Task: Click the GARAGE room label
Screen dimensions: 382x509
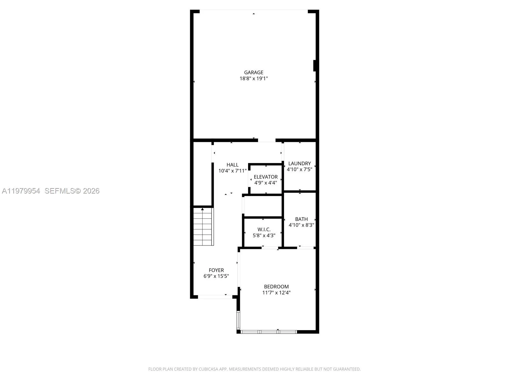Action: pos(254,72)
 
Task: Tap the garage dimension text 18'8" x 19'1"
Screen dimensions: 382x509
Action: pos(254,78)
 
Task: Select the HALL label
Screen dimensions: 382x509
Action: pos(232,165)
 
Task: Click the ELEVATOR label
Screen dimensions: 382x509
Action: pos(266,177)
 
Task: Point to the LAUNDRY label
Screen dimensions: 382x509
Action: pos(299,163)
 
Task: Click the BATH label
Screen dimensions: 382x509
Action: pos(301,219)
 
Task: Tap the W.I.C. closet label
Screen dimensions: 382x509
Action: pos(264,229)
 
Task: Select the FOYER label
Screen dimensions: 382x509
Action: pos(216,270)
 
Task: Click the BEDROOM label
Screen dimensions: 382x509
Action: pos(276,286)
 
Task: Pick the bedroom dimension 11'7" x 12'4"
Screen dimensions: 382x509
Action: pos(276,293)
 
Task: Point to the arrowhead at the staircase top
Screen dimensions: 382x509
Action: pos(202,209)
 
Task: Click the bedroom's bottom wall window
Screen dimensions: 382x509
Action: pos(269,332)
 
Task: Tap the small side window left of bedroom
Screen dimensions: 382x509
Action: pos(238,320)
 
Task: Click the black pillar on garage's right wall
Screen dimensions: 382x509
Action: pos(315,66)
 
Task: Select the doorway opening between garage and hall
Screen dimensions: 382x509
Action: pos(267,140)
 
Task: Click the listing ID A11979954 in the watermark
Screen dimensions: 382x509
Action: pos(21,191)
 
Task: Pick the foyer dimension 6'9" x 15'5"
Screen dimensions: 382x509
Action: pos(216,276)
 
